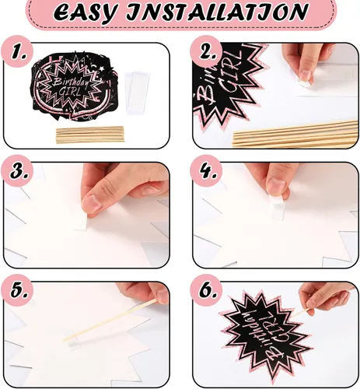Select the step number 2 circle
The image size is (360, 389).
click(x=206, y=51)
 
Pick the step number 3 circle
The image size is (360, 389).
click(x=18, y=170)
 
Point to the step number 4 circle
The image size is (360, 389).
click(x=206, y=170)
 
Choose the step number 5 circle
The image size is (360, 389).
click(x=18, y=290)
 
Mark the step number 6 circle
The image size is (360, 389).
click(x=206, y=290)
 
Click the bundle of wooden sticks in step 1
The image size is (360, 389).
click(x=90, y=135)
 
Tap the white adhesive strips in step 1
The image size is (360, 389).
click(x=137, y=93)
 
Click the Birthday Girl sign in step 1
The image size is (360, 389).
click(x=73, y=87)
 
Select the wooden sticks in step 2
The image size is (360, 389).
click(x=295, y=135)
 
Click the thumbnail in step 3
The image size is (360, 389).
click(x=92, y=203)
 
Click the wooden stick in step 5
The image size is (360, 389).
click(x=110, y=320)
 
